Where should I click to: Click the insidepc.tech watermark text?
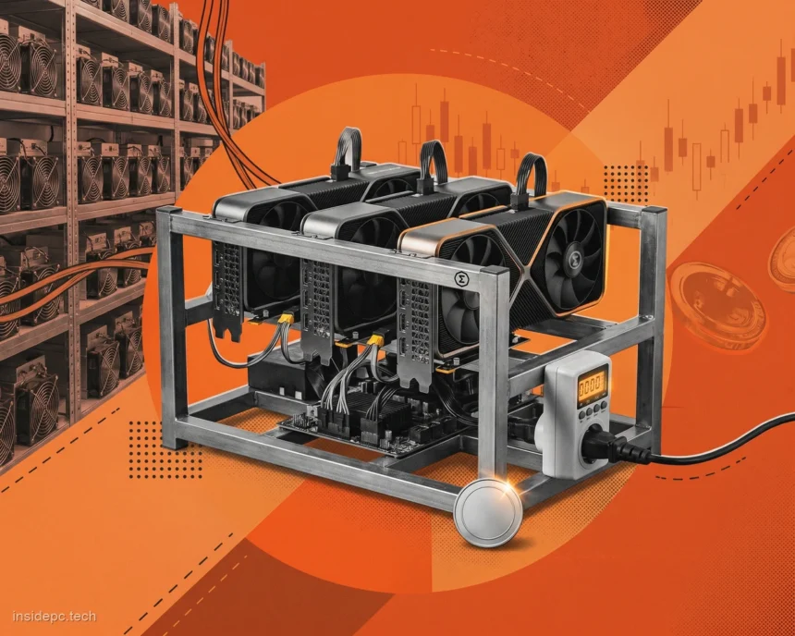(55, 617)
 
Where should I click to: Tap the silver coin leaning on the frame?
(488, 513)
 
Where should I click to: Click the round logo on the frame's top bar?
(461, 278)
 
